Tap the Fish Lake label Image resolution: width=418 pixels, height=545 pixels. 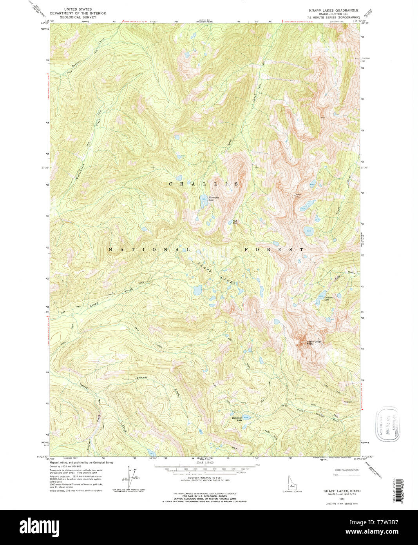tap(235, 222)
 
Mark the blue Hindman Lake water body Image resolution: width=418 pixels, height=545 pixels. tap(245, 417)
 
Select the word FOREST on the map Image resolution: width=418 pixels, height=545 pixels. tap(274, 249)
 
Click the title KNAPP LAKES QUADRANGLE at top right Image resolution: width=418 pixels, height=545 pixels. tap(333, 10)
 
